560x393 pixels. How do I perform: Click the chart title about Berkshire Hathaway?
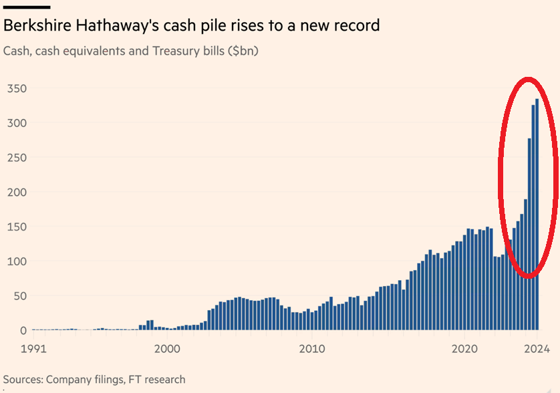[x=191, y=26]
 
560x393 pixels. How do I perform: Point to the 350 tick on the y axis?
[x=17, y=88]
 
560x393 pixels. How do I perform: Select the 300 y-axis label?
[x=17, y=123]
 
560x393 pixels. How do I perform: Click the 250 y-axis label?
[x=17, y=158]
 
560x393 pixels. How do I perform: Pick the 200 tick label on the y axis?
[x=17, y=192]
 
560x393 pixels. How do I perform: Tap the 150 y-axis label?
[x=17, y=227]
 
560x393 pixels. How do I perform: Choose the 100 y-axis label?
[x=17, y=261]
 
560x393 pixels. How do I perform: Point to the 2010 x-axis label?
[x=311, y=349]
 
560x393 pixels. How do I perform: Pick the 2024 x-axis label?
[x=536, y=349]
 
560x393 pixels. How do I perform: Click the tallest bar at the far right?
[x=537, y=214]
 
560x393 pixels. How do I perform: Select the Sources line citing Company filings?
[x=94, y=379]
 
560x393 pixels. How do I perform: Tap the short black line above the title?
[x=27, y=7]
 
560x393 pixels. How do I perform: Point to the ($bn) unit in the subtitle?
[x=243, y=51]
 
